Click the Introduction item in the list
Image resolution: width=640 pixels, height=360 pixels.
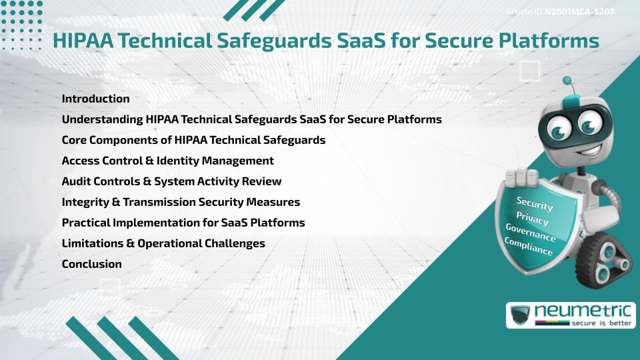pyautogui.click(x=95, y=99)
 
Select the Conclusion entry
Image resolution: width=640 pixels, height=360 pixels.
pyautogui.click(x=91, y=264)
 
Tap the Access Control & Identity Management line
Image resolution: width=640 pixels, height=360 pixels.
pyautogui.click(x=167, y=161)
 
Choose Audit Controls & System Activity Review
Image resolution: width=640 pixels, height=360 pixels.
pyautogui.click(x=171, y=181)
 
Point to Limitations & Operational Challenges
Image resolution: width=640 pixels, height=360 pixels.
pyautogui.click(x=163, y=243)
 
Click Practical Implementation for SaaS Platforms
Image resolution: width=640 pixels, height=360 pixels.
pyautogui.click(x=183, y=223)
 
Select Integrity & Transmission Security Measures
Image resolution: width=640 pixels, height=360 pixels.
pyautogui.click(x=181, y=202)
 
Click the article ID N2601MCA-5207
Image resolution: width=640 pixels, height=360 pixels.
pyautogui.click(x=579, y=12)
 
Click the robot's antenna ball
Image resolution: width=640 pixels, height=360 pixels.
pyautogui.click(x=568, y=81)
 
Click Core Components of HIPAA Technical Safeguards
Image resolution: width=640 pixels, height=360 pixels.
pyautogui.click(x=193, y=140)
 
